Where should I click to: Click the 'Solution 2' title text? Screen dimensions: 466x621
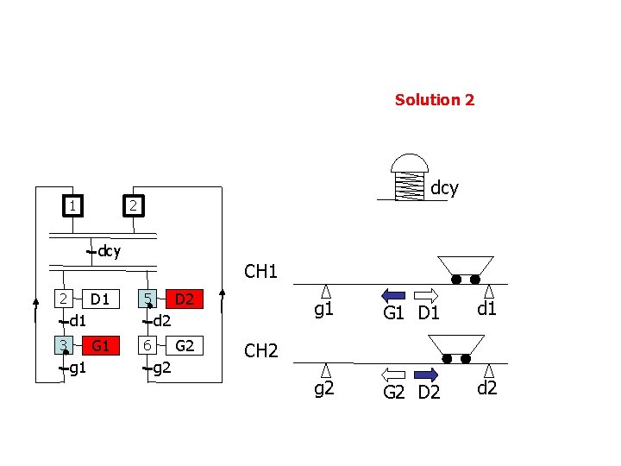coord(435,99)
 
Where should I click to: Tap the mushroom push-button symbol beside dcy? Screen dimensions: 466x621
coord(410,178)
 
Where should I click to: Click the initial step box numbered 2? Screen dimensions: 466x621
coord(132,206)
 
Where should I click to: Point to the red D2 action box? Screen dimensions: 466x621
coord(182,299)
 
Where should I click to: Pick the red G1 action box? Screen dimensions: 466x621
coord(100,346)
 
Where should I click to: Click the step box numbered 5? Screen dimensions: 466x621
coord(149,299)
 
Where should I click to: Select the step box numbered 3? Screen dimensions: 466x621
coord(64,346)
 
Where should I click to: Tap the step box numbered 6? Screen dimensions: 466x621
coord(149,346)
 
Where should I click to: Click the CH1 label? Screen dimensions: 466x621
coord(260,272)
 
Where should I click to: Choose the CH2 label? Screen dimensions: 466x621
coord(260,351)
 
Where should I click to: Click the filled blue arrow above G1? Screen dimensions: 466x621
coord(393,293)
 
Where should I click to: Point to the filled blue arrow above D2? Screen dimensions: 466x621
coord(427,375)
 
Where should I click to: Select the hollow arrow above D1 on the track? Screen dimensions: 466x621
coord(427,293)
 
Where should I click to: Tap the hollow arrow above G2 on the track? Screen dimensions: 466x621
coord(393,375)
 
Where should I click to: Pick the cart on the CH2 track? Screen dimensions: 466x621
coord(455,349)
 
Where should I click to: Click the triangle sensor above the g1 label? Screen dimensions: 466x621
coord(326,291)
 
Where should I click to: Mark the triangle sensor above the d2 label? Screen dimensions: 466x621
coord(488,371)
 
